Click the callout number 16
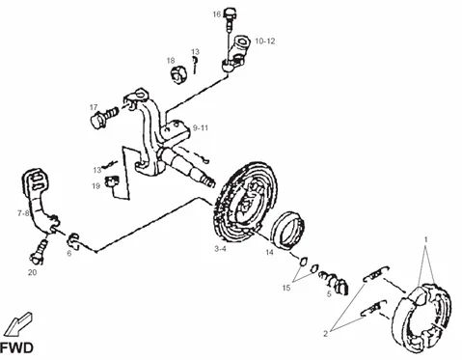point(217,14)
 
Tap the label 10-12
point(265,42)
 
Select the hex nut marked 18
point(177,75)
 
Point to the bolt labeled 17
point(104,117)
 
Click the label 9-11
point(201,128)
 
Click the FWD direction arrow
point(19,324)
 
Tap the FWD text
point(16,348)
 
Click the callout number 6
point(69,254)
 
